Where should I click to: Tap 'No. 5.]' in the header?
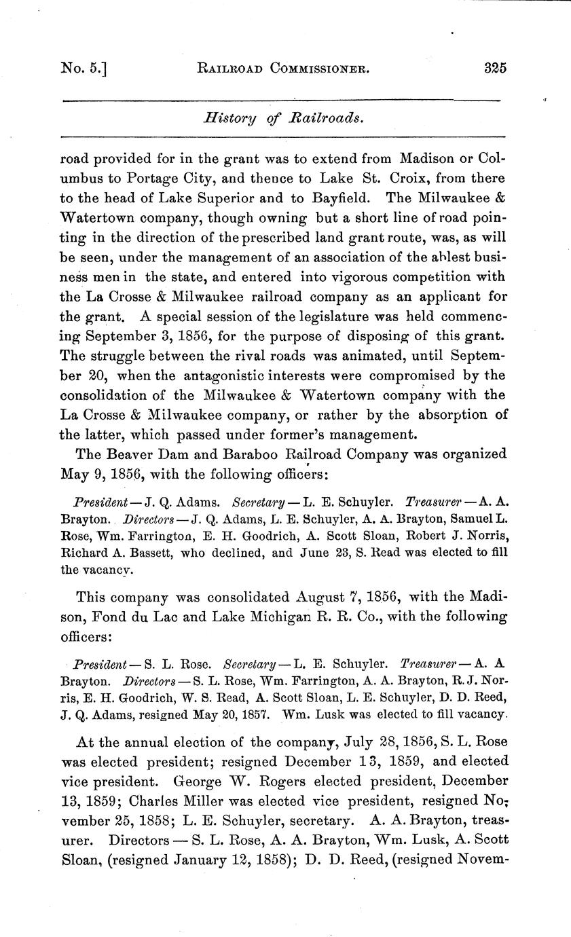coord(84,69)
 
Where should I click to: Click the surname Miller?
coord(186,800)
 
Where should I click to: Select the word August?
coord(321,597)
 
